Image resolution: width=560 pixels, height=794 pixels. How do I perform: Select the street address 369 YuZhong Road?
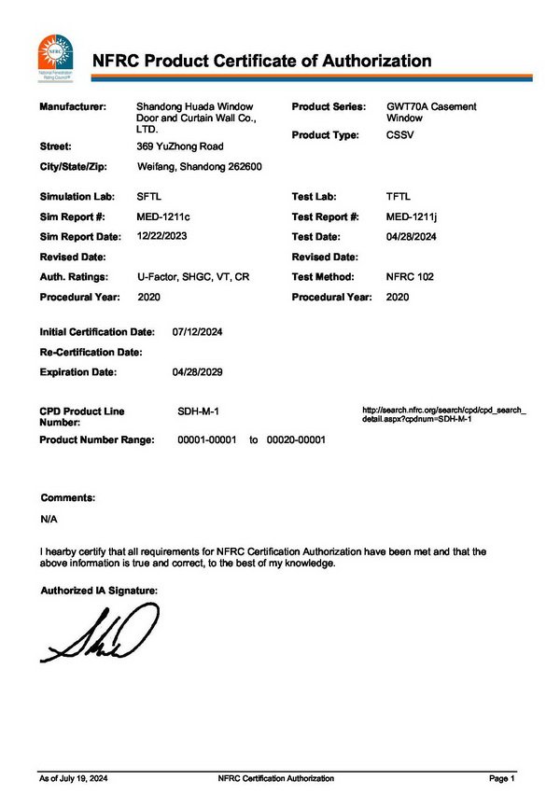click(180, 146)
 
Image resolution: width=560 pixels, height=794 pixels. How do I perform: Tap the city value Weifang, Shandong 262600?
click(199, 167)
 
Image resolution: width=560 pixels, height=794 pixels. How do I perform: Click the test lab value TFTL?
click(400, 197)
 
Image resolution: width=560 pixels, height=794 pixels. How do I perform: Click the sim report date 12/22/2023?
click(161, 236)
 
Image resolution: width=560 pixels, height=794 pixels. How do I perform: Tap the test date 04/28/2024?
click(413, 237)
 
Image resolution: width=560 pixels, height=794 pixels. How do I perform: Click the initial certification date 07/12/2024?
click(198, 332)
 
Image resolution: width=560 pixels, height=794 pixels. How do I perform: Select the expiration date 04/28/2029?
click(198, 372)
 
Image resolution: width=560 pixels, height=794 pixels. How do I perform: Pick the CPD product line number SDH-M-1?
click(198, 411)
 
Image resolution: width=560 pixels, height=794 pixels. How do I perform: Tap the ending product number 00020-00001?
click(296, 439)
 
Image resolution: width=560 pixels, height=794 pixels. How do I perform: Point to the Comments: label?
click(68, 498)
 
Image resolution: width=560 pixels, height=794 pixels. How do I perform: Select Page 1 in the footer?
click(501, 778)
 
